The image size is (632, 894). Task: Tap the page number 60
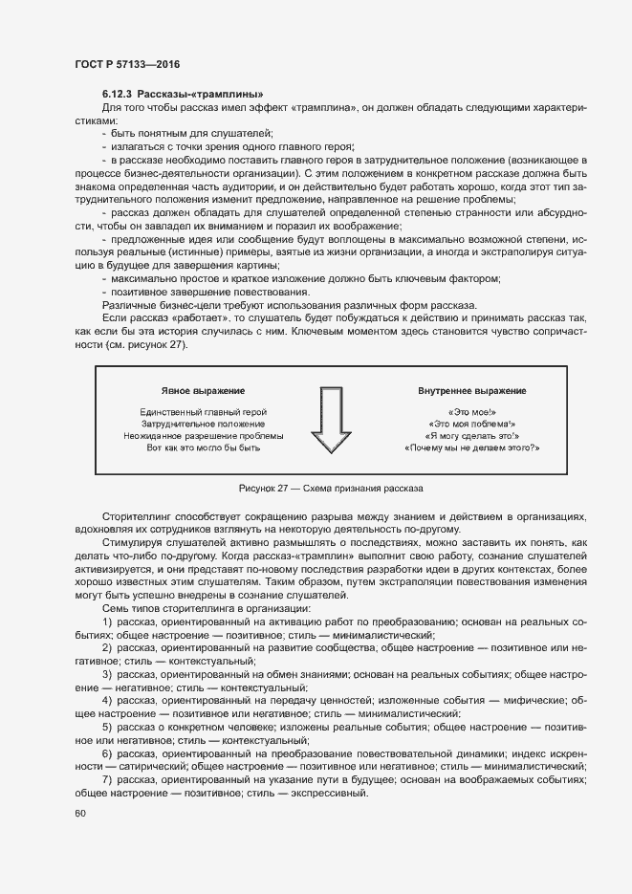tap(79, 814)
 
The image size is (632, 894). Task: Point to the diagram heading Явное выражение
tap(203, 391)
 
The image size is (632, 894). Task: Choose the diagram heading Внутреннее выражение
tap(471, 391)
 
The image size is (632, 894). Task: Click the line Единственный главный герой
tap(202, 411)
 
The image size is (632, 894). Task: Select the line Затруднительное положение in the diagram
tap(203, 424)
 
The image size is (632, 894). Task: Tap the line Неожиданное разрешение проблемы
tap(203, 435)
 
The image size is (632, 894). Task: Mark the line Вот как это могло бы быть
tap(203, 447)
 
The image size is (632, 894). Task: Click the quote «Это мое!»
tap(471, 411)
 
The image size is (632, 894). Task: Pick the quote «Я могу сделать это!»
tap(471, 435)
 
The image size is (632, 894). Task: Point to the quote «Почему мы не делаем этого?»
tap(471, 447)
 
